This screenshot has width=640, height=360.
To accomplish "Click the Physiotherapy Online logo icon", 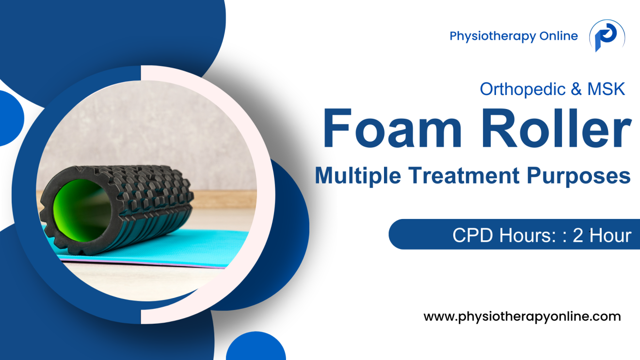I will pos(606,36).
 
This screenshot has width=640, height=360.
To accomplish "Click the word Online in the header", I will pos(559,36).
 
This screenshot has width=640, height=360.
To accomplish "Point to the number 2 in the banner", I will pos(577,235).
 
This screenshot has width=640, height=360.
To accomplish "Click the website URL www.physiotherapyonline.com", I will pos(522,317).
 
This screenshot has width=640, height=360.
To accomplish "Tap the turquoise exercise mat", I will pos(204,247).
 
